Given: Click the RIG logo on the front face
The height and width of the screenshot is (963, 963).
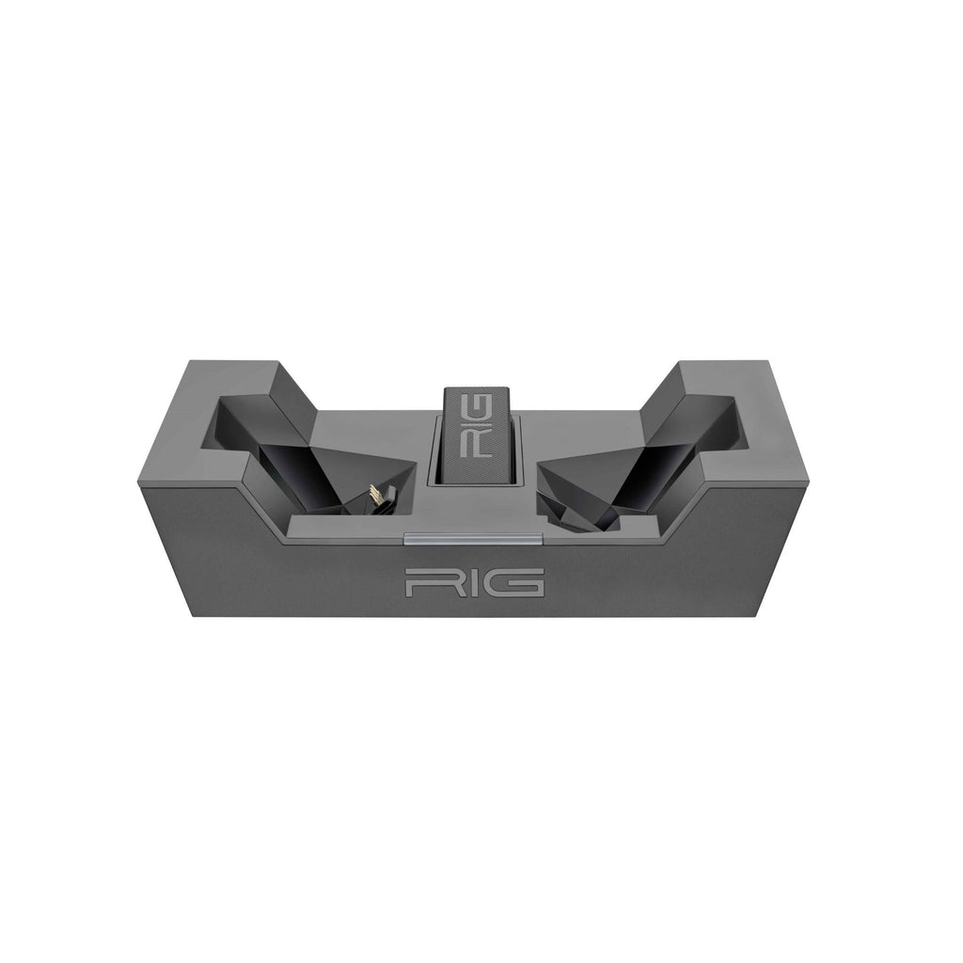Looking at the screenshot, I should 474,583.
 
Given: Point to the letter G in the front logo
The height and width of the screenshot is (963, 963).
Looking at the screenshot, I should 518,583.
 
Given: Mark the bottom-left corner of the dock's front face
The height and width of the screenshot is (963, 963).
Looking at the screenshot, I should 194,616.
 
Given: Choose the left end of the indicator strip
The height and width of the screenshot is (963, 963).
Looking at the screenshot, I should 406,540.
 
